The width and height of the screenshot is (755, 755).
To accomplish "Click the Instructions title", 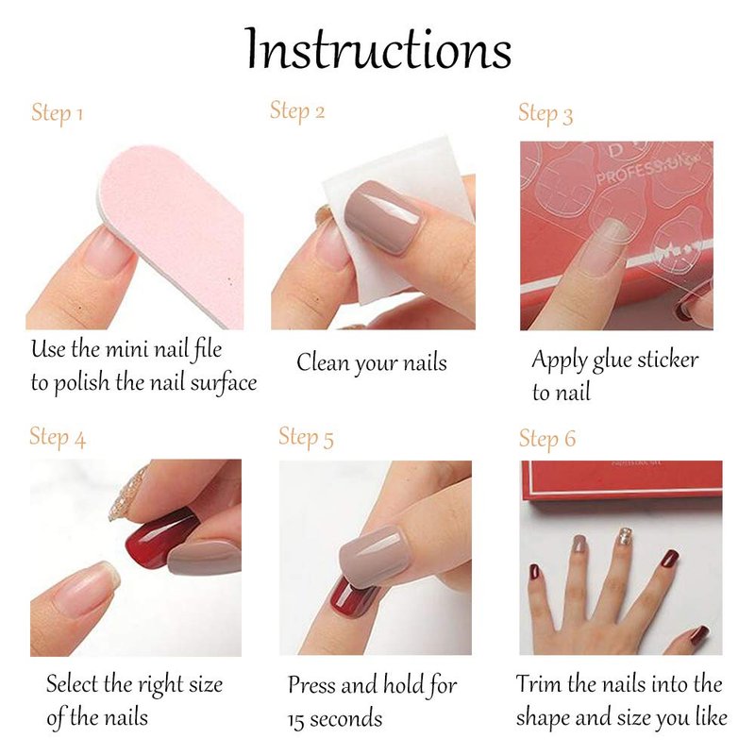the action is tap(378, 49).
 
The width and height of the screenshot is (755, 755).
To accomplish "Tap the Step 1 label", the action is tap(57, 113).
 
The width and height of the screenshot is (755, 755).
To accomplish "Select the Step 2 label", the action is tap(297, 111).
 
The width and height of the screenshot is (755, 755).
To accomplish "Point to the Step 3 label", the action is tap(545, 114).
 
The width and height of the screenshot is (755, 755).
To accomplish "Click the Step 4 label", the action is tap(58, 437).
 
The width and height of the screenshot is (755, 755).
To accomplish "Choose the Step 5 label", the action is tap(306, 437).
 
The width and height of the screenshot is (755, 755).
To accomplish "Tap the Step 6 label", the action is tap(547, 438).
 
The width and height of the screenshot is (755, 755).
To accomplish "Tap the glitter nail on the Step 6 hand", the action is tap(625, 536).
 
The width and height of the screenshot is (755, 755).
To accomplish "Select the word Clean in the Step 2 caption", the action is tap(323, 362).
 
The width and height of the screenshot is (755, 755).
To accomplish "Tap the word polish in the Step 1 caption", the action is tap(81, 384).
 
